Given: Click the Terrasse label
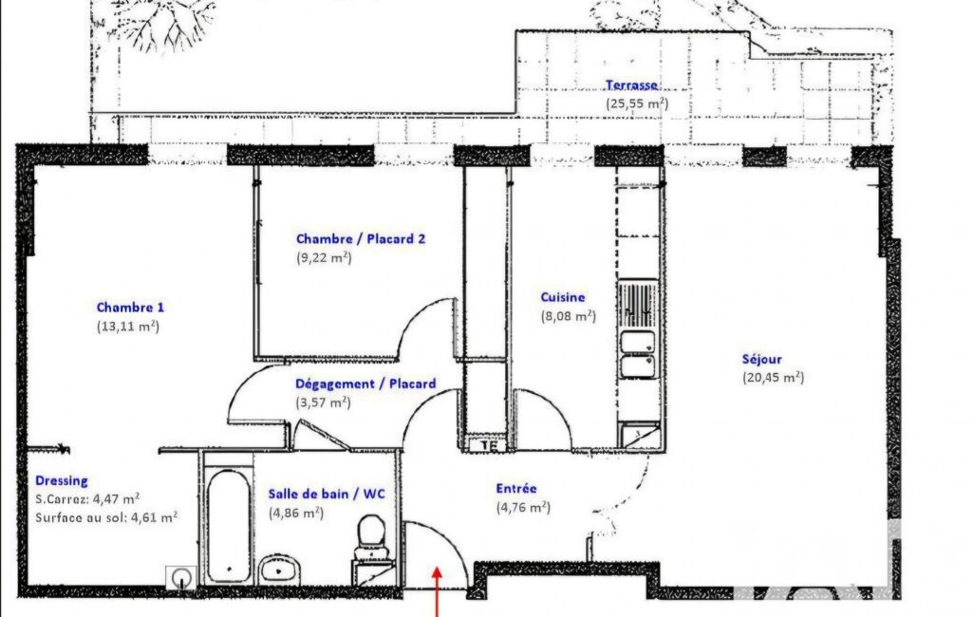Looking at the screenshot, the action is (631, 85).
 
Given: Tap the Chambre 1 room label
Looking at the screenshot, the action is (130, 308).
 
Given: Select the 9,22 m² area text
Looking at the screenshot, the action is (324, 257).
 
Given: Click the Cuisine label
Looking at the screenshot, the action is (563, 297).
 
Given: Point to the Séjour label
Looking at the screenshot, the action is (762, 359).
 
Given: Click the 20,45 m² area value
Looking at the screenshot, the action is (774, 378).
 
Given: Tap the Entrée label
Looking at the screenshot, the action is (516, 489).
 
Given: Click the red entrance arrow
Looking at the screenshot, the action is (437, 591).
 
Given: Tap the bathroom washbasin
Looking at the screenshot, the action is (279, 570).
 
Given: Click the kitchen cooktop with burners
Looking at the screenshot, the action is (638, 304).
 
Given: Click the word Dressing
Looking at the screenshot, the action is (62, 480).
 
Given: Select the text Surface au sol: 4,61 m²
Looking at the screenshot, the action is (106, 517).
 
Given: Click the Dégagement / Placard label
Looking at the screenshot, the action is (365, 383).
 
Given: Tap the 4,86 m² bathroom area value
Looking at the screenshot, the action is (296, 514).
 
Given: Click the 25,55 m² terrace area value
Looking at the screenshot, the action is (637, 103).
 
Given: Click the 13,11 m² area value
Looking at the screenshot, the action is (128, 326).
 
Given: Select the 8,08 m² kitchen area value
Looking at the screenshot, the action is (569, 316).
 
